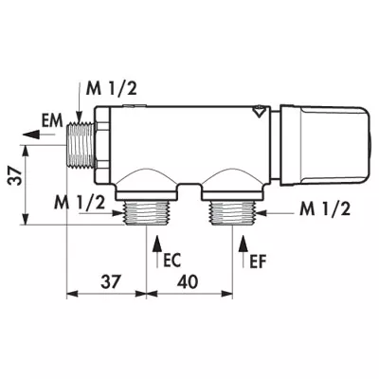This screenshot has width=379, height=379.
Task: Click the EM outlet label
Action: pyautogui.click(x=52, y=121)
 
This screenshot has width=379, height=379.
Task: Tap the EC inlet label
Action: pyautogui.click(x=172, y=262)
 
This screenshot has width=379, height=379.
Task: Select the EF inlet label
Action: pyautogui.click(x=258, y=262)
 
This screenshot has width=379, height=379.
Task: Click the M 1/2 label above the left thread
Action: pyautogui.click(x=112, y=89)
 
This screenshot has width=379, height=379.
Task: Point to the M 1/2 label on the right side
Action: pyautogui.click(x=325, y=209)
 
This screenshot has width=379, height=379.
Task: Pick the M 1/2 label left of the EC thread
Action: pyautogui.click(x=80, y=203)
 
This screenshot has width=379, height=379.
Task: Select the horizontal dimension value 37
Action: pyautogui.click(x=111, y=281)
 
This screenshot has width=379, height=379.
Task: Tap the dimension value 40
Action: pyautogui.click(x=188, y=281)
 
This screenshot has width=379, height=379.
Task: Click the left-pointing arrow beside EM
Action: pyautogui.click(x=39, y=135)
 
